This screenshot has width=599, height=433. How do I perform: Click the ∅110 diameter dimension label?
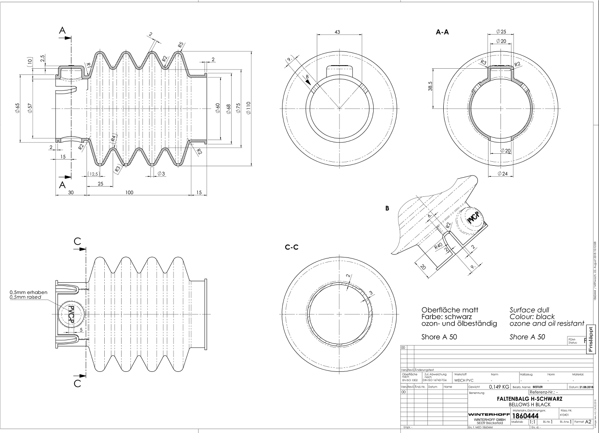(x=248, y=109)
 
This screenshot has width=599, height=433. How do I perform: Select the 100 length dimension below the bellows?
(x=129, y=192)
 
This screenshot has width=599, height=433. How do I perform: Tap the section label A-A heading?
(x=442, y=32)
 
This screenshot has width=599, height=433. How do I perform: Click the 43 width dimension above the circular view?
(x=337, y=32)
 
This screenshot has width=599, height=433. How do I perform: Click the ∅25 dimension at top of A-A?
(x=500, y=32)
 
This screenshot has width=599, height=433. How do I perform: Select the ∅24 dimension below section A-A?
(x=502, y=173)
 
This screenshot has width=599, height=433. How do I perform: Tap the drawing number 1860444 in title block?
(x=525, y=416)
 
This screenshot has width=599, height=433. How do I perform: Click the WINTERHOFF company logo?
(x=489, y=415)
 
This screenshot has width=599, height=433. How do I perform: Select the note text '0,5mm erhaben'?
(x=28, y=292)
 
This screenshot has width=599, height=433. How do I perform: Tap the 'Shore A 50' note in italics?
(x=528, y=337)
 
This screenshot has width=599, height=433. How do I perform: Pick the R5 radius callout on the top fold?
(x=180, y=45)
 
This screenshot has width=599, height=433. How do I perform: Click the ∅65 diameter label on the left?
(x=18, y=108)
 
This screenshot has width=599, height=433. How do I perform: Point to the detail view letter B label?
(x=387, y=207)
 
